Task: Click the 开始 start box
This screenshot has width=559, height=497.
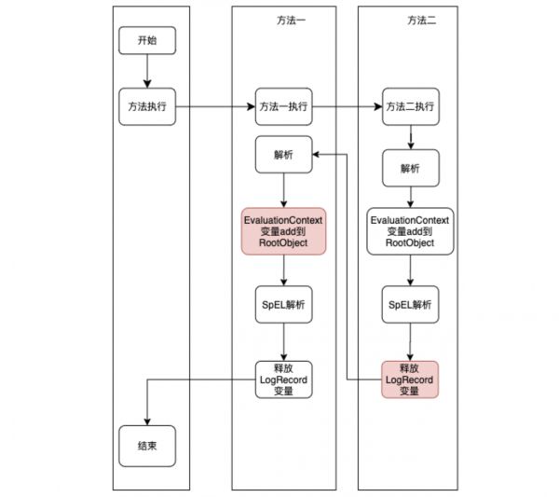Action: [x=147, y=40]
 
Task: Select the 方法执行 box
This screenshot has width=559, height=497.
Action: [x=147, y=106]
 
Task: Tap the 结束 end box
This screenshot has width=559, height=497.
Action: [x=147, y=446]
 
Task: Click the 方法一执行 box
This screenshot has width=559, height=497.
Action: [x=284, y=106]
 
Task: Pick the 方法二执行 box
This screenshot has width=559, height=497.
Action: [x=411, y=106]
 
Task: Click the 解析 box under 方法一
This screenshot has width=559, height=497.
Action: [x=284, y=155]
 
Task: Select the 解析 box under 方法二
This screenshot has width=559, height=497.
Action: [x=411, y=168]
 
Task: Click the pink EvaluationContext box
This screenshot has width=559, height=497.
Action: [x=284, y=231]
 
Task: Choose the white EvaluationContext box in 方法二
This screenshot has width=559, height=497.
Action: [x=410, y=231]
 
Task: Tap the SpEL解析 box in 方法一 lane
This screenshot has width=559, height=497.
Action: [x=284, y=304]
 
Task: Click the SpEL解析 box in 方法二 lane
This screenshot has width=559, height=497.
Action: [x=410, y=304]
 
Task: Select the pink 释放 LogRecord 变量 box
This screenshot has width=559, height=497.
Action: [x=410, y=380]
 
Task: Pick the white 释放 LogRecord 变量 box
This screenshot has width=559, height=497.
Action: [x=284, y=380]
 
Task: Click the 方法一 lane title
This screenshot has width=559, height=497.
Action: [x=292, y=21]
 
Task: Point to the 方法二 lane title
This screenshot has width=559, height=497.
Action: [x=422, y=21]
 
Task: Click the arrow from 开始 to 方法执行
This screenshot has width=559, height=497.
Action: [x=147, y=71]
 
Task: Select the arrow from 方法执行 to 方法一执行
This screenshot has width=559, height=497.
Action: [x=216, y=106]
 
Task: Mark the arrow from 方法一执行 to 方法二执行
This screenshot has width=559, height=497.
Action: [x=348, y=106]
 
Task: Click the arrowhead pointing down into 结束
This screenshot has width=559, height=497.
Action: [x=147, y=421]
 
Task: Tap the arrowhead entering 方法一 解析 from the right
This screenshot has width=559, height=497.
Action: [x=316, y=155]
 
